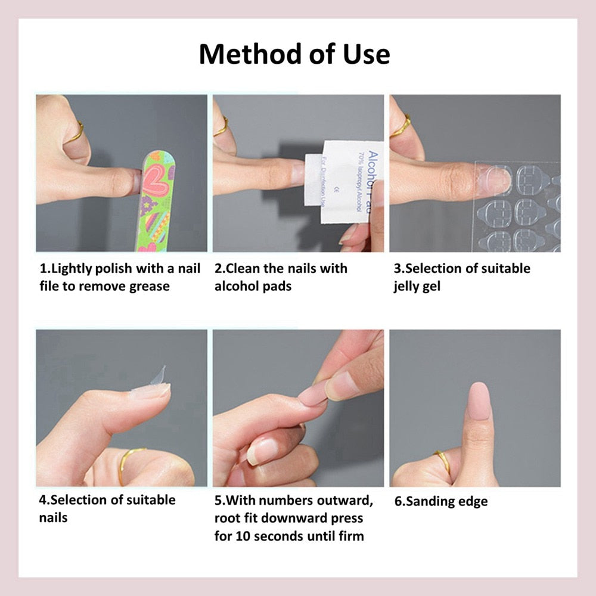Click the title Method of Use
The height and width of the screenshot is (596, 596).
tap(294, 54)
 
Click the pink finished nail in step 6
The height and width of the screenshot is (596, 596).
tap(480, 403)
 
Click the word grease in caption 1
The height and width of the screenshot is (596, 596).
tap(150, 286)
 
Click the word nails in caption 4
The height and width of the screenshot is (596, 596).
tap(54, 517)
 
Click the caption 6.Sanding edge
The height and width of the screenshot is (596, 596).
tap(440, 501)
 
